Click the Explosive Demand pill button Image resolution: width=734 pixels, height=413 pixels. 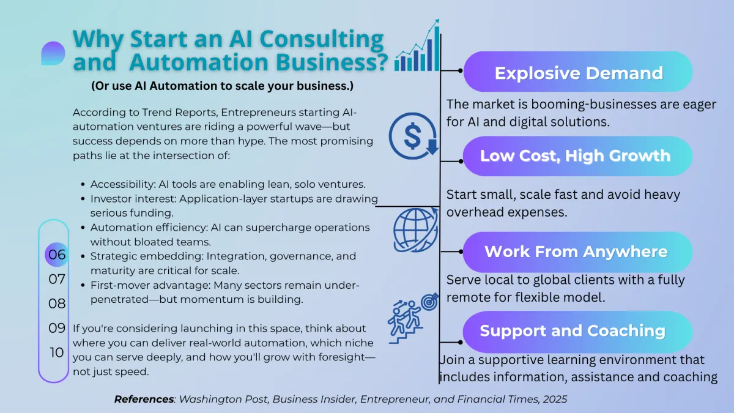click(578, 73)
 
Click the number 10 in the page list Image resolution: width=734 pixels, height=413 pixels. click(57, 352)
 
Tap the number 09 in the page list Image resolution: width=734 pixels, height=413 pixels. click(57, 328)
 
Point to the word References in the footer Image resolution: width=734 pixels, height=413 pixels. click(144, 400)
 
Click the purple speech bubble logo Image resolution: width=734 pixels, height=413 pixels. click(53, 53)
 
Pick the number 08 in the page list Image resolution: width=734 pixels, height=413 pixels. click(57, 303)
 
